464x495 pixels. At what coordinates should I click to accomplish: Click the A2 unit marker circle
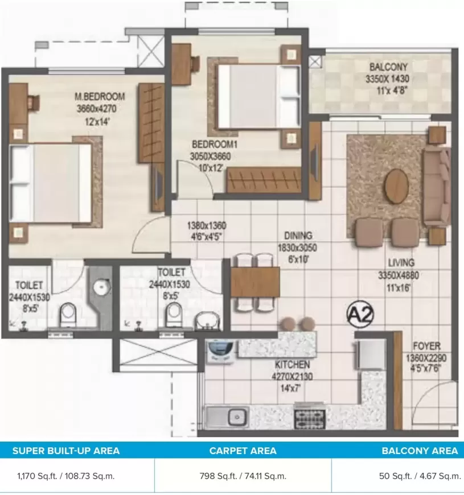click(x=360, y=314)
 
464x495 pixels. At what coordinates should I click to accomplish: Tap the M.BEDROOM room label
click(x=100, y=96)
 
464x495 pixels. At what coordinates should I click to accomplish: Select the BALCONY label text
click(x=388, y=67)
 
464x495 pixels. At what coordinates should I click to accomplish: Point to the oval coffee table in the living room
click(x=396, y=186)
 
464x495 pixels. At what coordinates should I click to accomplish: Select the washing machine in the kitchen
click(x=220, y=350)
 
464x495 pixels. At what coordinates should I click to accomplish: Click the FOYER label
click(x=426, y=346)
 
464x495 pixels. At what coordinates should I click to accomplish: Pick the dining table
click(x=255, y=282)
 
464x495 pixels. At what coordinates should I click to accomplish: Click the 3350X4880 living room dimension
click(x=399, y=275)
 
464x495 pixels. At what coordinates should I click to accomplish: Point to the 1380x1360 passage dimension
click(x=207, y=226)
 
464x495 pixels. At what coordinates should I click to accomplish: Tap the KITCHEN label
click(x=292, y=365)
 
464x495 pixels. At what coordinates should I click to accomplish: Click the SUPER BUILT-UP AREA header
click(x=66, y=451)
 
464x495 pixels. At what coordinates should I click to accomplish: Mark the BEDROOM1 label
click(x=215, y=145)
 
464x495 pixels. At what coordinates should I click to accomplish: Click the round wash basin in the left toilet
click(x=102, y=287)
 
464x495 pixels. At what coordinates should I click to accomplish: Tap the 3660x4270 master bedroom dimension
click(x=97, y=109)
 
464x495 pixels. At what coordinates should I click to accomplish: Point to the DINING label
click(x=298, y=236)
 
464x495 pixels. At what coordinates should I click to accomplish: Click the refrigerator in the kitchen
click(x=371, y=354)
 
